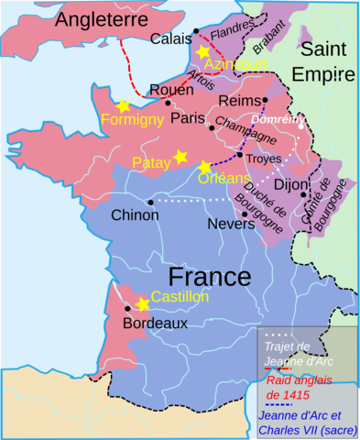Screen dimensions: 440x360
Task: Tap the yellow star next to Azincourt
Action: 202,52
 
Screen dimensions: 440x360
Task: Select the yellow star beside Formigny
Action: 122,105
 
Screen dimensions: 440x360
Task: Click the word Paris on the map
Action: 186,117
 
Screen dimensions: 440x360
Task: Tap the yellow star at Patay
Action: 180,158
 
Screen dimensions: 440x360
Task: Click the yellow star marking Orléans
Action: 204,167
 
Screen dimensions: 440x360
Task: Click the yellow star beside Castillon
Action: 142,303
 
